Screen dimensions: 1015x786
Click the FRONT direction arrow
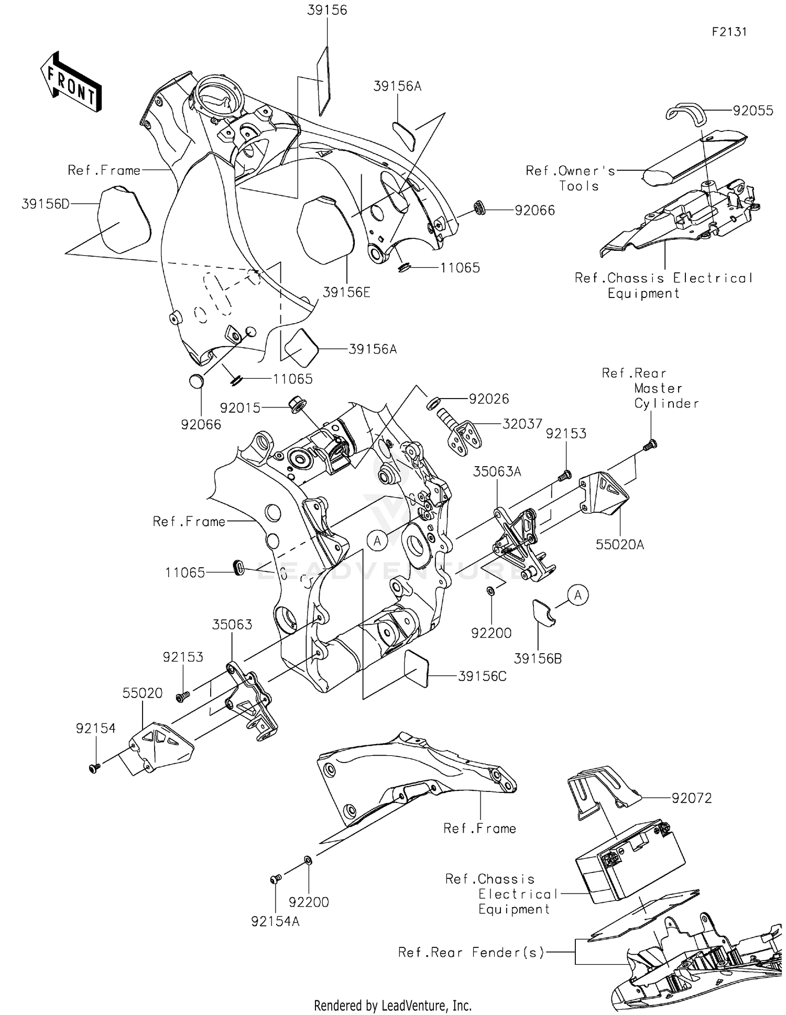[71, 83]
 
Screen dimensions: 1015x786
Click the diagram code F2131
[729, 32]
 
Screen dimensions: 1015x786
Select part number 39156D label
[45, 204]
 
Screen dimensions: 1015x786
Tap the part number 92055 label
[752, 111]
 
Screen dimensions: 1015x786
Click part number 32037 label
[522, 424]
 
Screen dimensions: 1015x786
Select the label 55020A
[619, 545]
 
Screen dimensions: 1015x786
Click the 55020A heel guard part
[604, 493]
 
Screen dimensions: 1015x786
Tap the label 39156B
[538, 659]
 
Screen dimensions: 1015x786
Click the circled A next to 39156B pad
[578, 595]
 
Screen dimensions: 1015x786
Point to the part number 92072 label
[692, 798]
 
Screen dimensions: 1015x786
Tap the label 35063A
[497, 471]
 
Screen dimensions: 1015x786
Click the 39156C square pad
[417, 669]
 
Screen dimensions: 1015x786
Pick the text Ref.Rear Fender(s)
[471, 952]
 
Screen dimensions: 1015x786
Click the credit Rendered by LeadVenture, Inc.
[392, 1005]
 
